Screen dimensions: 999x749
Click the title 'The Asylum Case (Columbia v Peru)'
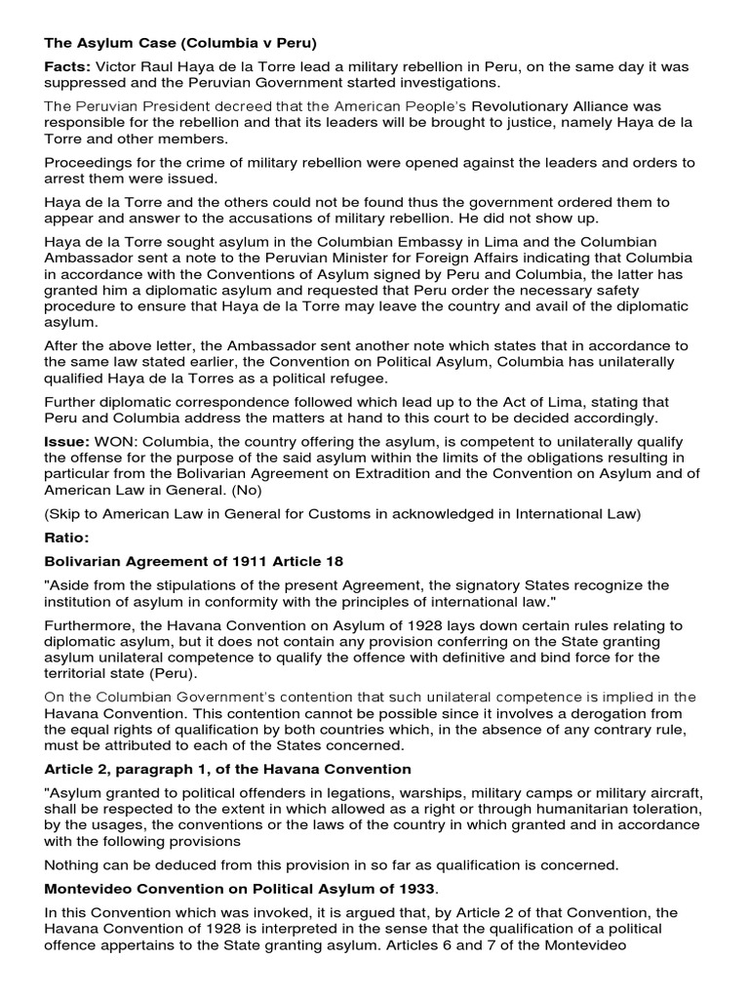[180, 43]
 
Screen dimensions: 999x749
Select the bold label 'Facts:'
[67, 67]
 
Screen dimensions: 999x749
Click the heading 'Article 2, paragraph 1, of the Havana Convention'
[227, 770]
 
